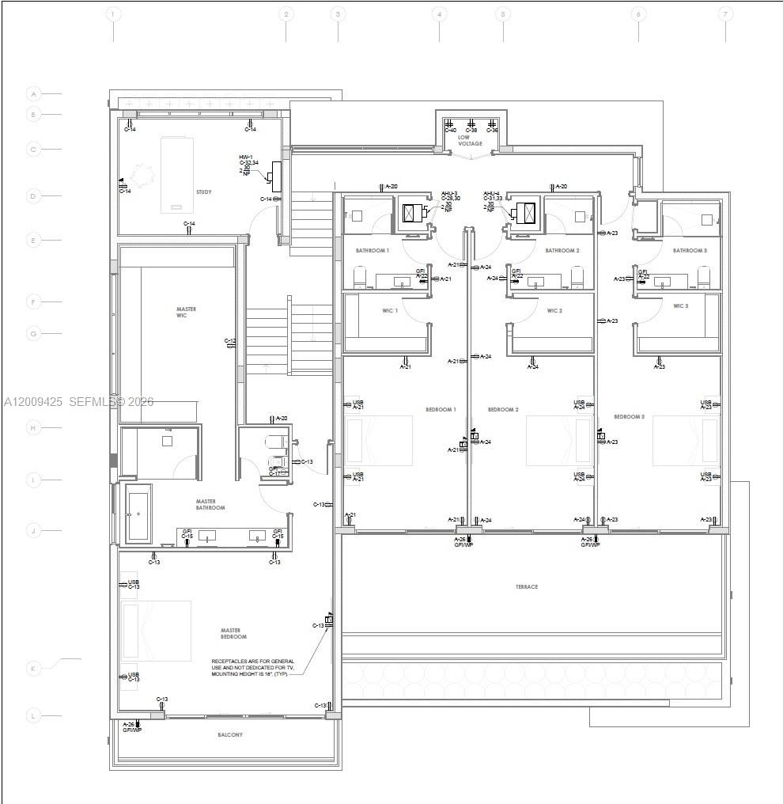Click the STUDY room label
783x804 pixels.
pos(204,192)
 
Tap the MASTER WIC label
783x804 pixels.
pos(187,313)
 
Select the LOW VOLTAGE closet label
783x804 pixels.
pos(470,141)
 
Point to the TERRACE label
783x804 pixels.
pos(527,586)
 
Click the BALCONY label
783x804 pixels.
pos(230,735)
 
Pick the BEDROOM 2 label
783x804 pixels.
pos(503,410)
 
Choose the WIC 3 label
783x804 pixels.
pos(681,305)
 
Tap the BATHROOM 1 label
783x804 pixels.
pos(373,250)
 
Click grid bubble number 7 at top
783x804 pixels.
pos(725,14)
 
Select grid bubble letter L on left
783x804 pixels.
pos(33,716)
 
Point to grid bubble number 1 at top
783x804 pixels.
pos(113,14)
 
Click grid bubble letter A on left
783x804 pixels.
pos(33,94)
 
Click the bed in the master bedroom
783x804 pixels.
pos(157,631)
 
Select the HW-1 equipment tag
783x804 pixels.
pos(246,157)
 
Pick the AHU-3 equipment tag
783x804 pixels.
pos(448,193)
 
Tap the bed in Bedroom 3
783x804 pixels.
pos(685,440)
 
